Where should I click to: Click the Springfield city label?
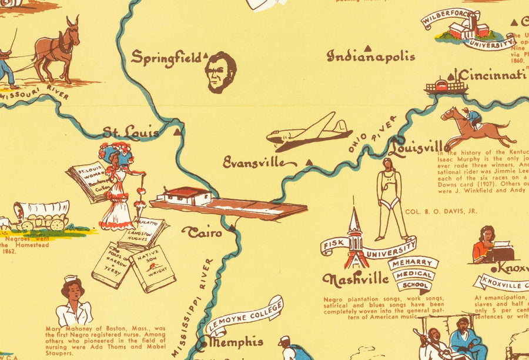[x=166, y=57]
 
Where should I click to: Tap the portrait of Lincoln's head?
[x=220, y=72]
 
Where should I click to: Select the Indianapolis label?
[x=371, y=56]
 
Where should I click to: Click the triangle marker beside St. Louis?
[x=178, y=132]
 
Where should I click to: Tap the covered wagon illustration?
[x=41, y=215]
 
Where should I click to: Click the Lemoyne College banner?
[x=244, y=315]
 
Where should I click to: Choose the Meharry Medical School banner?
[x=413, y=274]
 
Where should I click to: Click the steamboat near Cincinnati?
[x=446, y=86]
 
